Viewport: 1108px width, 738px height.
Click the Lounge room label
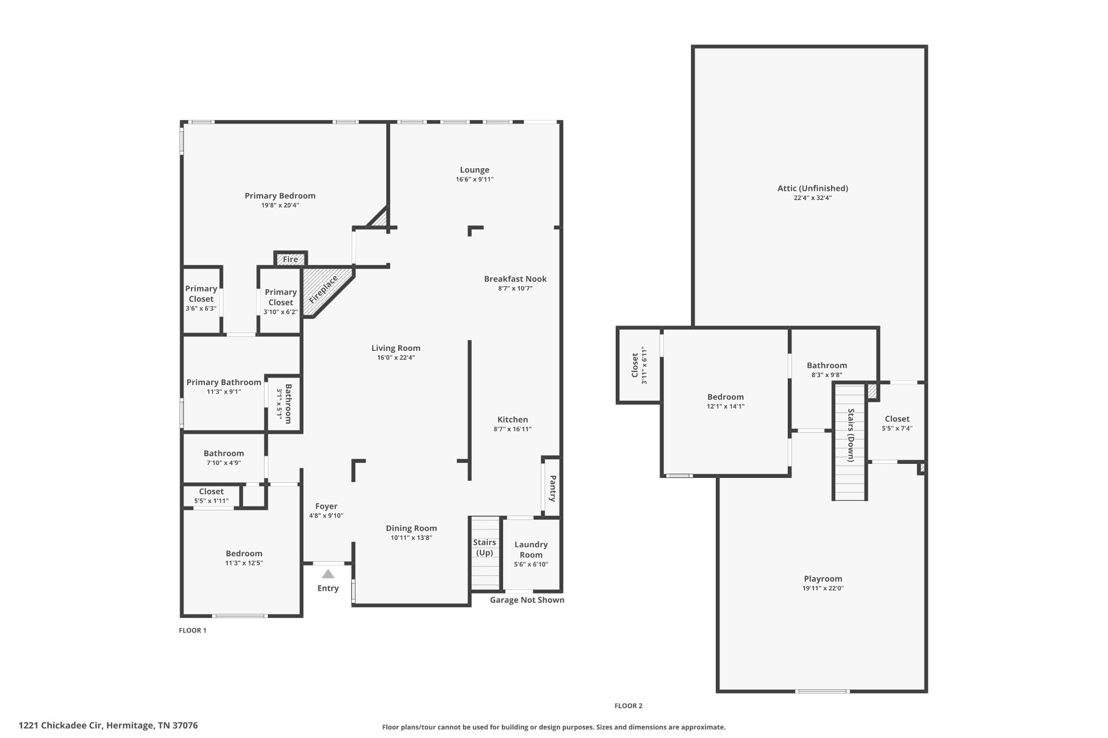(474, 170)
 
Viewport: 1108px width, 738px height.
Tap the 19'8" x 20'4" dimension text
(280, 205)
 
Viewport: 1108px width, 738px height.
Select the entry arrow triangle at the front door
(328, 574)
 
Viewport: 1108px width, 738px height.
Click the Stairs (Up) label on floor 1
(484, 547)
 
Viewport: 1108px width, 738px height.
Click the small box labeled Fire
(291, 260)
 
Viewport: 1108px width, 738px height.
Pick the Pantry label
(552, 488)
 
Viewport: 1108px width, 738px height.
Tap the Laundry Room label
(531, 549)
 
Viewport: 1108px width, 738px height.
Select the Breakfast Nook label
(515, 279)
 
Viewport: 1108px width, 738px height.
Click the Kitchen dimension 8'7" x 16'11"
(512, 429)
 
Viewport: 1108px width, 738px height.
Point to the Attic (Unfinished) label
(813, 188)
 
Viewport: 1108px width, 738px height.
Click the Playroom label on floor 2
(823, 579)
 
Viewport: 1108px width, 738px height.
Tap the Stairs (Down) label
(850, 435)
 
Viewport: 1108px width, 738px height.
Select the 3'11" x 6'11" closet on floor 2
(639, 365)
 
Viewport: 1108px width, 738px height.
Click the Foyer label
(326, 507)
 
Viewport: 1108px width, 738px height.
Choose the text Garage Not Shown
(527, 600)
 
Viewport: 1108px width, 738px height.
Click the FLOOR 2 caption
(628, 706)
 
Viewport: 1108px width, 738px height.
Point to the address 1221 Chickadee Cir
(108, 726)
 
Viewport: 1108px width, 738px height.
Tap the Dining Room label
(411, 528)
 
